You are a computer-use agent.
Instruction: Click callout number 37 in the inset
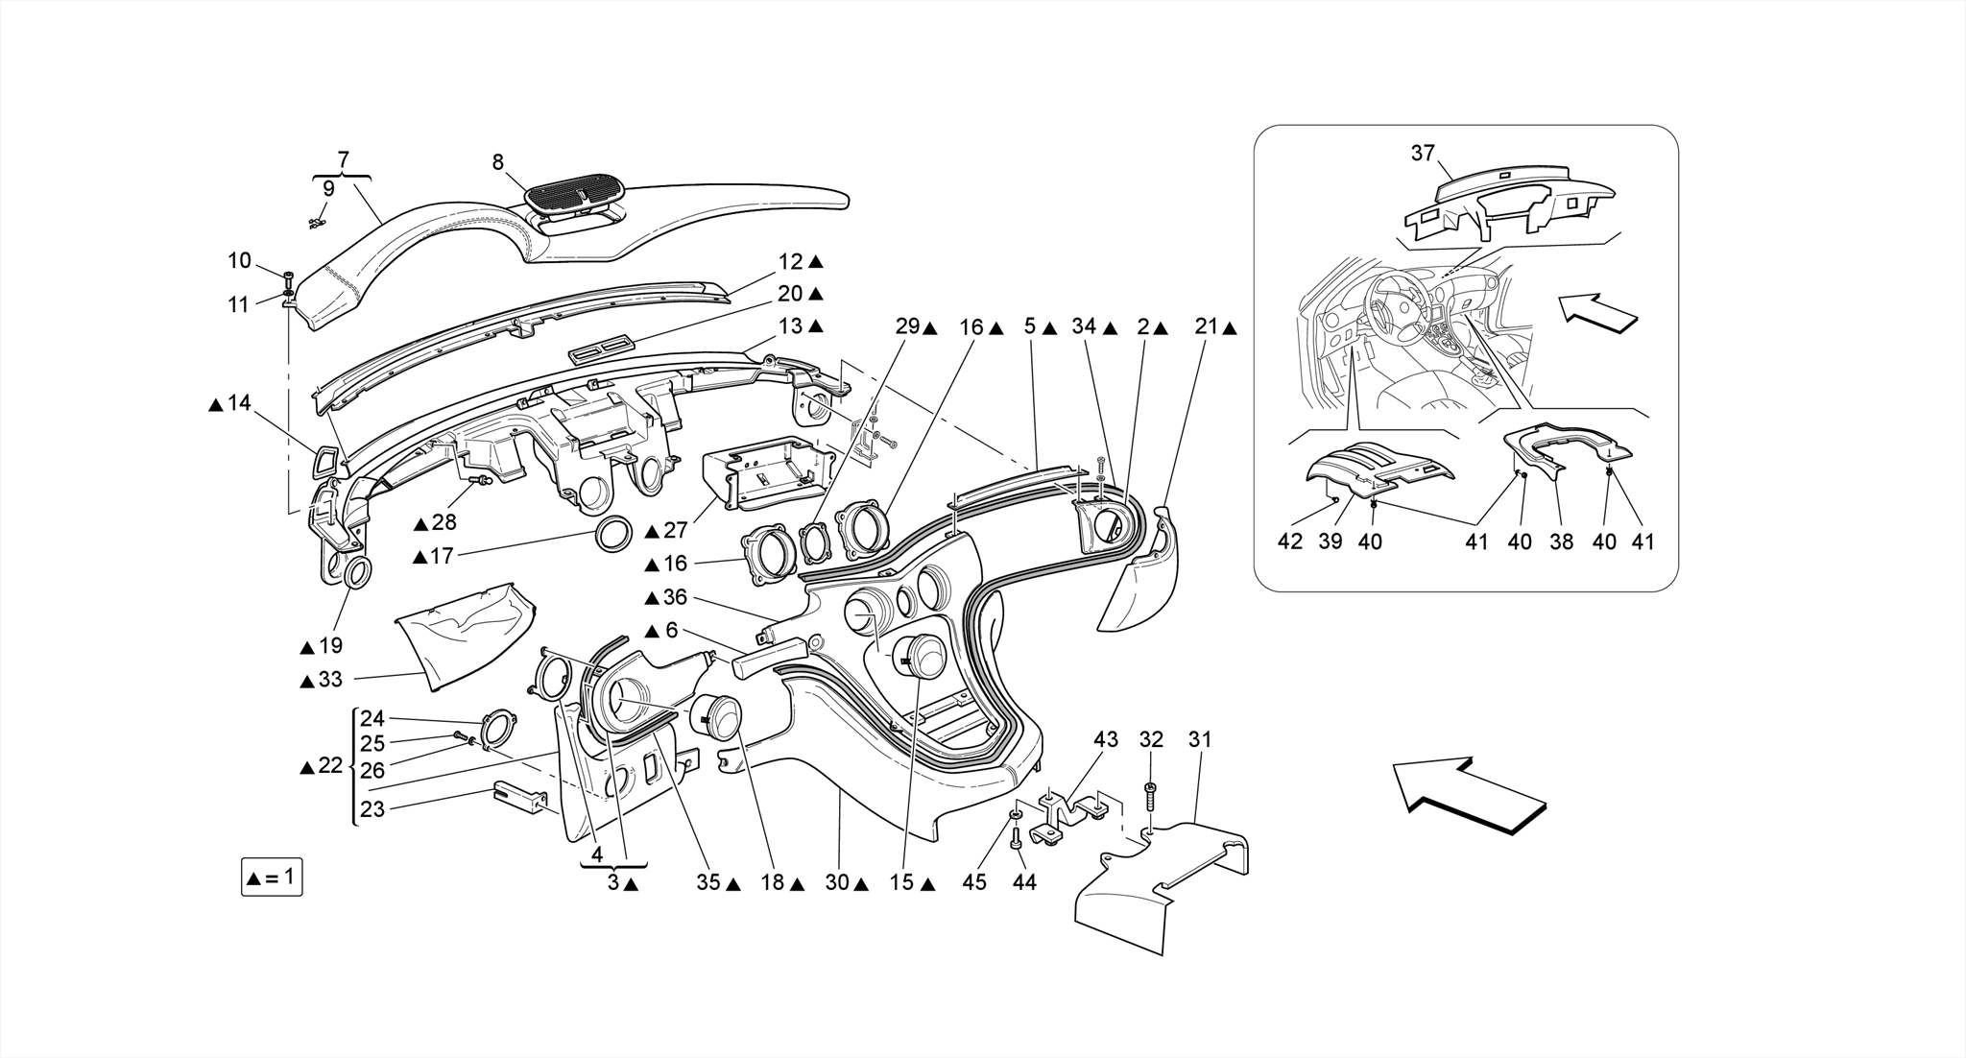(1423, 153)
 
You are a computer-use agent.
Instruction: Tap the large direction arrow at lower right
(1468, 796)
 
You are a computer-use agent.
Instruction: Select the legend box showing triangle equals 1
(272, 878)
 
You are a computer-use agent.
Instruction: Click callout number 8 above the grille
(497, 163)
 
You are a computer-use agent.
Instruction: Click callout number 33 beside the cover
(329, 680)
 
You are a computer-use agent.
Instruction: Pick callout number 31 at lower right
(1200, 739)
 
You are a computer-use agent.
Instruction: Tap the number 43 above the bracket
(1106, 739)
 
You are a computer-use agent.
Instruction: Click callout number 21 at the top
(1207, 327)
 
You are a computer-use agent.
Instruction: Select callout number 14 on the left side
(238, 403)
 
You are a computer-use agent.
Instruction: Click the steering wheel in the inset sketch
(1390, 299)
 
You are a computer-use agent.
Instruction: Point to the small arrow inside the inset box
(1595, 314)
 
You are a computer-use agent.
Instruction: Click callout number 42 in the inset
(1290, 541)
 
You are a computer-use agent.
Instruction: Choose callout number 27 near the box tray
(676, 530)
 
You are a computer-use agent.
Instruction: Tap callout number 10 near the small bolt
(239, 260)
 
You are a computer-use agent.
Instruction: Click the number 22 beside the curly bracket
(330, 766)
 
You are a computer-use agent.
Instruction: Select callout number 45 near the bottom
(974, 881)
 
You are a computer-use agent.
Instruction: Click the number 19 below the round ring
(331, 645)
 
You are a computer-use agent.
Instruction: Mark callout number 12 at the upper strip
(790, 261)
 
